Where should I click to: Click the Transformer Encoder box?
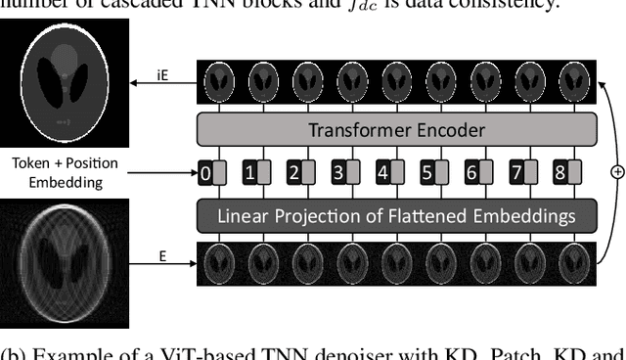click(396, 129)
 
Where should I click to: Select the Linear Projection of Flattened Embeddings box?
click(396, 214)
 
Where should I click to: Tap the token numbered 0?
click(205, 173)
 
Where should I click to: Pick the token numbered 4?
click(382, 173)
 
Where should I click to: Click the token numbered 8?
click(560, 173)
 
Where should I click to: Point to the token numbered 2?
click(293, 173)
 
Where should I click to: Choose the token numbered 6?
click(471, 173)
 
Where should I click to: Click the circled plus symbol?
click(616, 171)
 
